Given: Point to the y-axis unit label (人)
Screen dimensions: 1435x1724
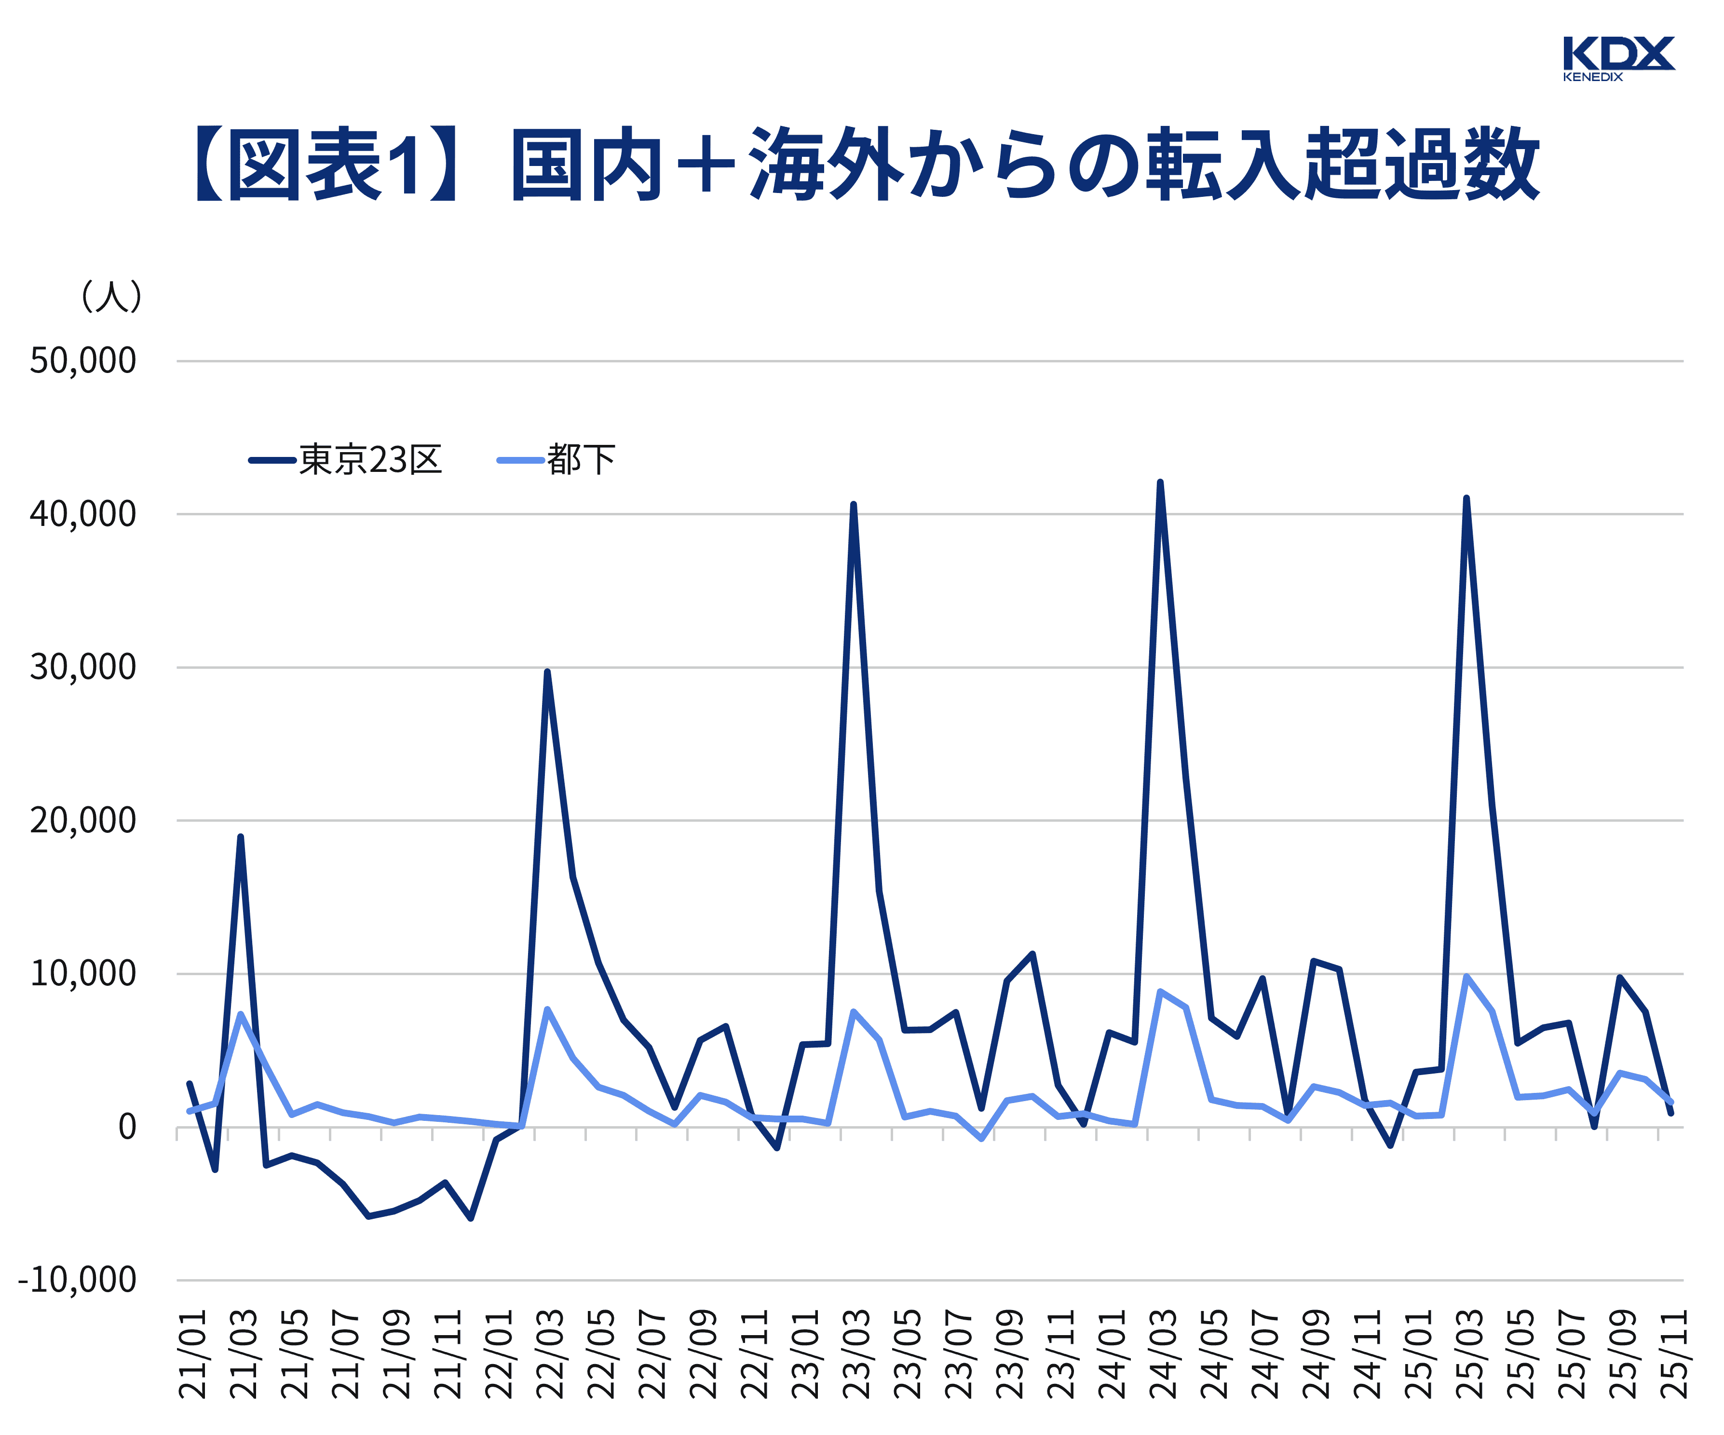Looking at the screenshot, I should [111, 296].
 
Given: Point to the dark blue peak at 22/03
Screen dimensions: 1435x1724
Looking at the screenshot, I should [547, 672].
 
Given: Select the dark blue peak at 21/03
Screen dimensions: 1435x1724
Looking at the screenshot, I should [241, 837].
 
